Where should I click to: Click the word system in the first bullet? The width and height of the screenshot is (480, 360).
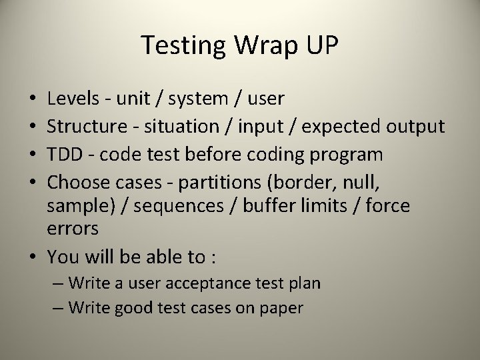click(x=198, y=99)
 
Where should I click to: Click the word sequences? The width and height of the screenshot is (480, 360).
click(x=179, y=206)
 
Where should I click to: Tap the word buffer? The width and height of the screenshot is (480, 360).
click(x=266, y=206)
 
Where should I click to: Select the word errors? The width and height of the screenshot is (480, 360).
click(x=73, y=229)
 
